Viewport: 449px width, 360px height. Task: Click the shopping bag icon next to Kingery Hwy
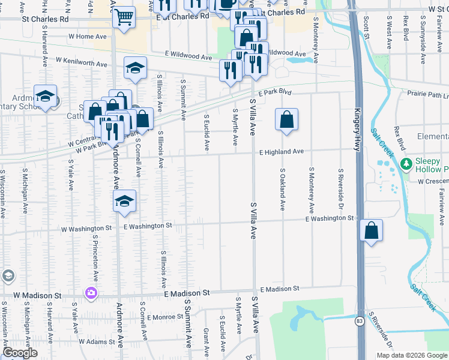point(372,230)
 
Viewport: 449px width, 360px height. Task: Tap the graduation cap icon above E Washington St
point(125,201)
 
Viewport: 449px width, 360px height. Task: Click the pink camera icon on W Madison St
point(91,293)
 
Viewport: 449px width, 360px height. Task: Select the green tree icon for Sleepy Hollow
point(407,163)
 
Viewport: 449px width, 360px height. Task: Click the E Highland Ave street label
point(282,152)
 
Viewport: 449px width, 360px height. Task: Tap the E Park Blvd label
point(275,94)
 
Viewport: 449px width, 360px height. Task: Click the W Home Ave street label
point(88,37)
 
